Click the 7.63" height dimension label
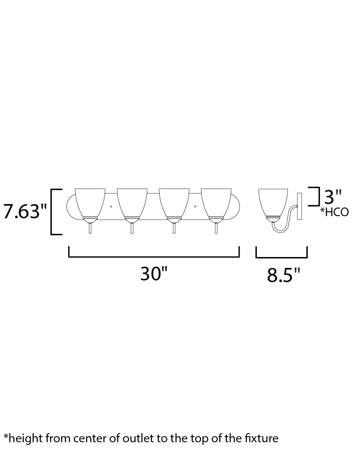pos(25,211)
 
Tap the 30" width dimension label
pos(154,274)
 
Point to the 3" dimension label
pos(333,196)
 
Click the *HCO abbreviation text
pos(335,212)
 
